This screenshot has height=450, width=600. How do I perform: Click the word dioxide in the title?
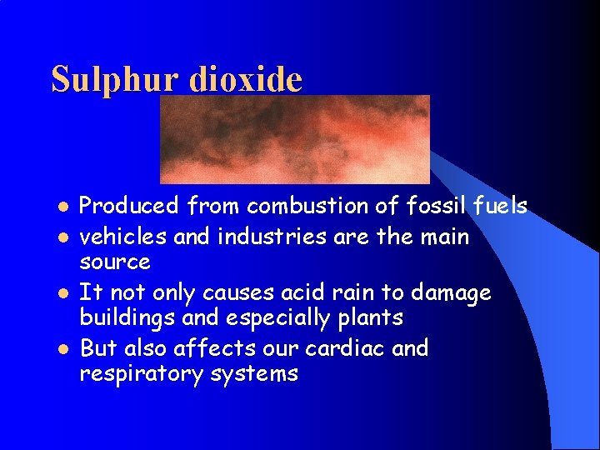(x=246, y=78)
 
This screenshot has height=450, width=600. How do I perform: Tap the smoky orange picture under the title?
(x=294, y=138)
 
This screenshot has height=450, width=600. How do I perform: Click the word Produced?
(x=129, y=205)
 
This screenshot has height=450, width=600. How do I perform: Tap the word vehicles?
(x=117, y=237)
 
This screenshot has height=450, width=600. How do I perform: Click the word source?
(x=115, y=263)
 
